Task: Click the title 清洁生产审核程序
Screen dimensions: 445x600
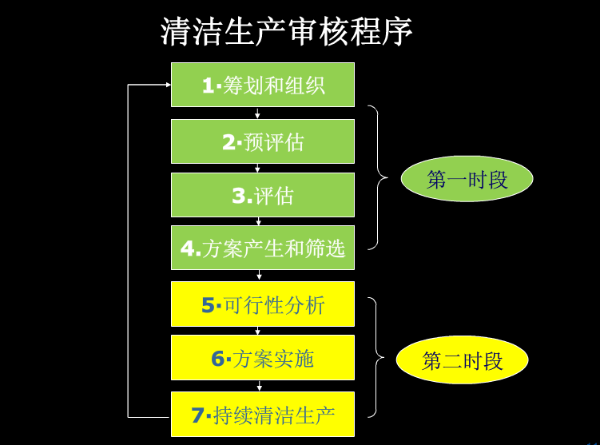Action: pos(287,32)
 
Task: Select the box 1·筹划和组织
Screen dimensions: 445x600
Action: pos(263,85)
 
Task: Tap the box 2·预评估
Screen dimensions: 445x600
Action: pos(263,141)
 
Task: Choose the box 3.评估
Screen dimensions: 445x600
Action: pos(263,195)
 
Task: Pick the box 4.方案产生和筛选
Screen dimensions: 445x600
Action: pos(263,248)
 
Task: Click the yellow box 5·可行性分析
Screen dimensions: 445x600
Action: pos(263,304)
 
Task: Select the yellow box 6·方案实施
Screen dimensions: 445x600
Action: pos(263,358)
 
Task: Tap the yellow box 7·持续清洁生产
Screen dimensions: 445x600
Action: pos(263,414)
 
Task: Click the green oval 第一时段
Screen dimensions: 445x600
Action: pos(467,179)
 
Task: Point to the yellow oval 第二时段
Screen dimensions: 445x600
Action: pos(462,360)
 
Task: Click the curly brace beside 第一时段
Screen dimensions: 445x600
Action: pos(376,177)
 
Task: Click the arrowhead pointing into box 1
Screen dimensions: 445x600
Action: pos(166,84)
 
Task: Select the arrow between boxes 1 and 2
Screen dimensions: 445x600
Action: pos(258,113)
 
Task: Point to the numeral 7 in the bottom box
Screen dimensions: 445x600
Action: pos(198,415)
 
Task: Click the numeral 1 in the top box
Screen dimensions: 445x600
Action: pos(208,85)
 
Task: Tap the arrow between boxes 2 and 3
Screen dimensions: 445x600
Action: pos(258,169)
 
